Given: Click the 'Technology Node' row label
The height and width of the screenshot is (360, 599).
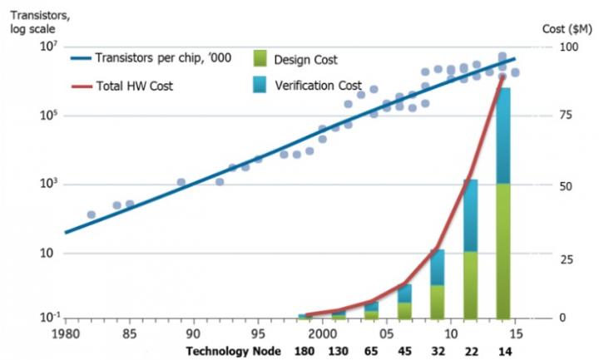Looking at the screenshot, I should [235, 351].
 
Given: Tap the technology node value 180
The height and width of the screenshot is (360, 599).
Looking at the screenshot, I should [307, 351].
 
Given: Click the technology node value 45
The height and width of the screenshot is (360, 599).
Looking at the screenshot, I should [404, 351].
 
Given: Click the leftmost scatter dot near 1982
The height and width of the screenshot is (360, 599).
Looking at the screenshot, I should [91, 215].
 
